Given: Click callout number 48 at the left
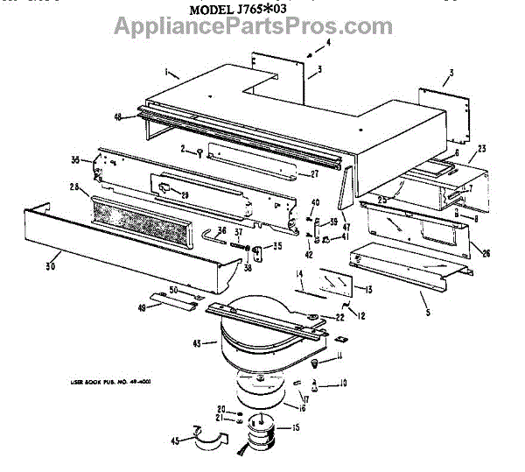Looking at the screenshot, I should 117,116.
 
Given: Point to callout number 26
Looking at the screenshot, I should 486,254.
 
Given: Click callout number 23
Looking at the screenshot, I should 481,148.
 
